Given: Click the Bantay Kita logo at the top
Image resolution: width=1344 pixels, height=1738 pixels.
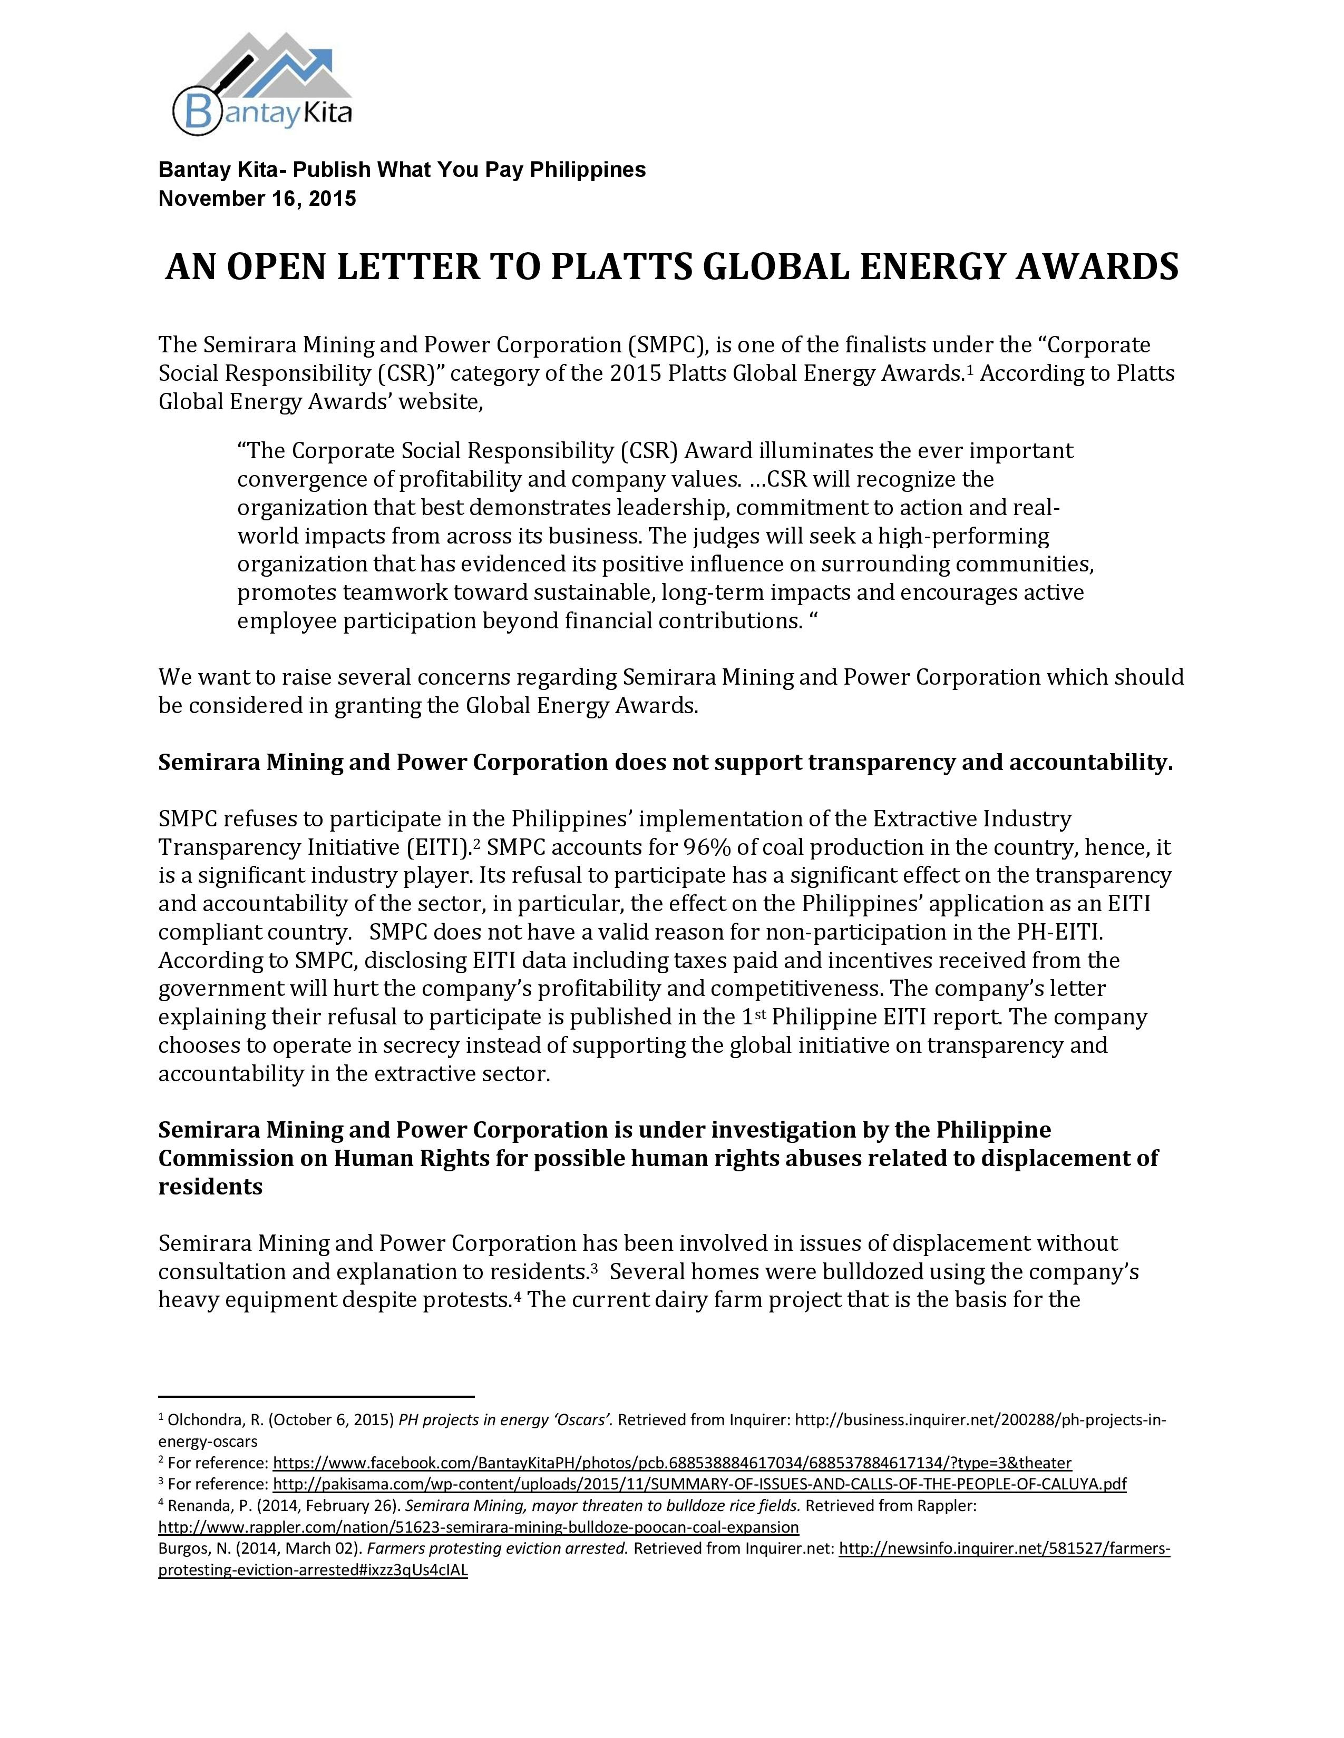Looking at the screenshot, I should point(263,84).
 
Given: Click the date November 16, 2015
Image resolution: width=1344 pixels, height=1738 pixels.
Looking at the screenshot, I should point(257,198).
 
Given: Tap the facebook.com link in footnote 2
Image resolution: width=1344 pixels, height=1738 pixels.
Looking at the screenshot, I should point(672,1463).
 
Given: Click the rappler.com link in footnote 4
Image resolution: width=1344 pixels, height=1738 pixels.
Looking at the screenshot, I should point(479,1527).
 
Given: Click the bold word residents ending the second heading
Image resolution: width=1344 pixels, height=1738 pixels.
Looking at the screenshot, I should point(210,1187).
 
